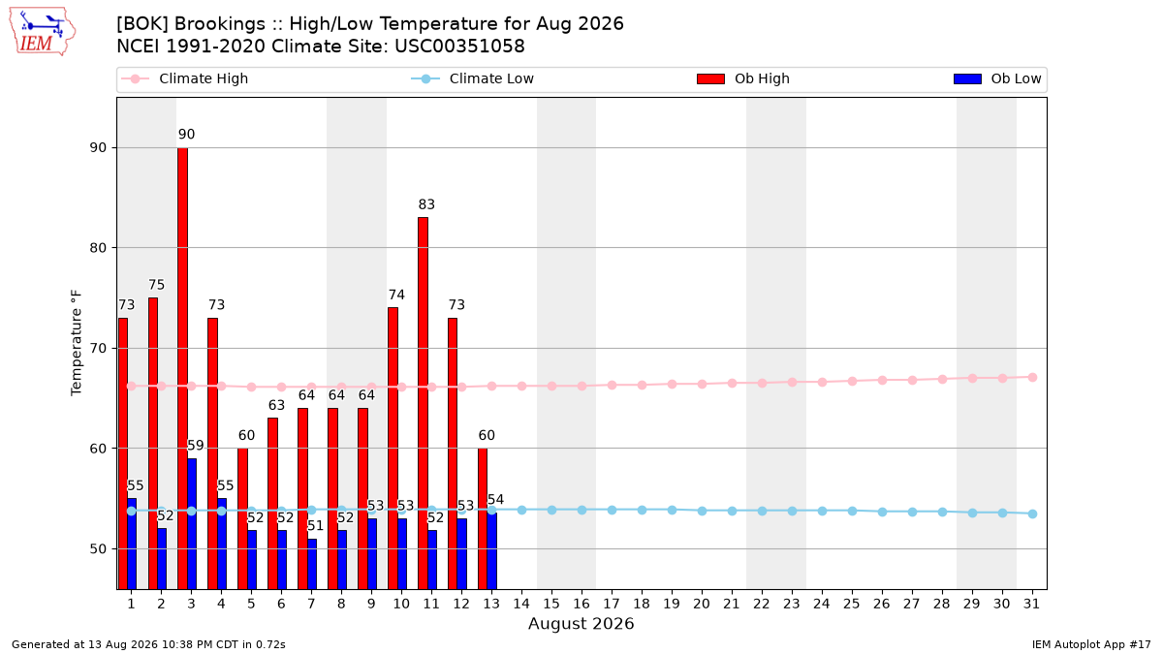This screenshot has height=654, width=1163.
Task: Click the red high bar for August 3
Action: click(x=183, y=368)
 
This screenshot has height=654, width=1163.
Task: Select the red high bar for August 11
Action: click(x=424, y=403)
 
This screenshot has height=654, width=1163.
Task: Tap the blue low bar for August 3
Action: click(x=192, y=524)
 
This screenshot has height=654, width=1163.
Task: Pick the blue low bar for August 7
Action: click(x=312, y=564)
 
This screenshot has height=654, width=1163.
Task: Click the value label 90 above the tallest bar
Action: click(x=186, y=135)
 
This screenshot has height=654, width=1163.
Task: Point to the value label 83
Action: click(x=426, y=204)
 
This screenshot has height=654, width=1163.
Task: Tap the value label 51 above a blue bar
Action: click(x=316, y=526)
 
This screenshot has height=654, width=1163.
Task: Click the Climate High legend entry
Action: click(x=185, y=78)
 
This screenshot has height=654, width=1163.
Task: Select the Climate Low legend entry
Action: click(x=473, y=78)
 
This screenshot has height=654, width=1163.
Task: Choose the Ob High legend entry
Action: click(x=743, y=78)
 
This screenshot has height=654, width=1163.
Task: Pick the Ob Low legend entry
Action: click(x=997, y=78)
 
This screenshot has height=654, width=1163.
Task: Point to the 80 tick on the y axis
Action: click(x=98, y=248)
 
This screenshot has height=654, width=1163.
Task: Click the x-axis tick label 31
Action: click(x=1031, y=604)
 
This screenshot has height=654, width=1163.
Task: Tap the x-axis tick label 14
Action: click(x=521, y=604)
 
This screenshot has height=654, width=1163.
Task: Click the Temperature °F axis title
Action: click(x=77, y=343)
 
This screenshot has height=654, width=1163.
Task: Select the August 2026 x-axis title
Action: click(x=581, y=623)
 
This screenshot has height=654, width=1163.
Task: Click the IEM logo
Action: click(x=42, y=31)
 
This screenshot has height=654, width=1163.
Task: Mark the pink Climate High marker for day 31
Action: click(x=1033, y=377)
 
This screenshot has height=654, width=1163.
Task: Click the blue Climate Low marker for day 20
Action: click(x=702, y=511)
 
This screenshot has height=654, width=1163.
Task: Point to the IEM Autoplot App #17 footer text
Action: click(x=1091, y=644)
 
